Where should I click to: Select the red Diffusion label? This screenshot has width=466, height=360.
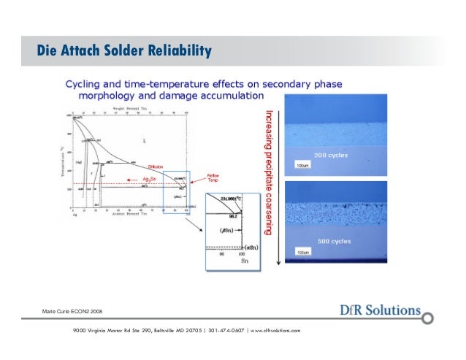[x=155, y=167]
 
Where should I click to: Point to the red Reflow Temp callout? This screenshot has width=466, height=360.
[x=213, y=178]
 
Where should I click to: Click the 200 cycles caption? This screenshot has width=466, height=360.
[x=331, y=156]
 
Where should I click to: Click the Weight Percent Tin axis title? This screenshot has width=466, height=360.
[x=127, y=108]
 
